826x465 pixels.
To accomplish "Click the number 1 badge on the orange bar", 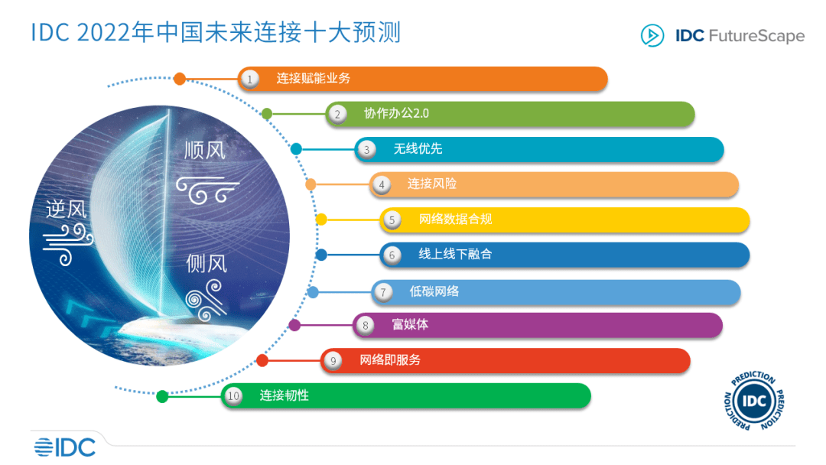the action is tap(249, 80).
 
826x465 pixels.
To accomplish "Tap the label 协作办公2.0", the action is tap(396, 113).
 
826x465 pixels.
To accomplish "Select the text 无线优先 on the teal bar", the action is tap(418, 148).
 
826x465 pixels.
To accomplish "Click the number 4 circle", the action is tap(382, 185).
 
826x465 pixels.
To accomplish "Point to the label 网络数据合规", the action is tap(455, 219).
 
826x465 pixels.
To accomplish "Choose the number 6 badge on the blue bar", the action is tap(392, 255).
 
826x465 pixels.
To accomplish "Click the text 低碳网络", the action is tap(434, 291).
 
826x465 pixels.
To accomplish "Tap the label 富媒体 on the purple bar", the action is tap(410, 324).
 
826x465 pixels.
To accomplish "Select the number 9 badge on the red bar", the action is tap(333, 361).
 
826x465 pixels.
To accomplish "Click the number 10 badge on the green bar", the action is tap(233, 396).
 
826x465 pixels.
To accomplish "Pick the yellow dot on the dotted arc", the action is tap(320, 219).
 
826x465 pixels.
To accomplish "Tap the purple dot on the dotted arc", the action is tap(294, 326).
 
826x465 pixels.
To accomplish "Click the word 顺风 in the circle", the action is tap(205, 151).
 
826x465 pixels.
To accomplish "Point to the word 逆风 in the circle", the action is tap(66, 209).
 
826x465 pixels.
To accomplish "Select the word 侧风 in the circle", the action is tap(206, 263).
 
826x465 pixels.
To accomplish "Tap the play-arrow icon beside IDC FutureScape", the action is tap(652, 35).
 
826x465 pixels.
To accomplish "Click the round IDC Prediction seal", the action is tap(754, 401).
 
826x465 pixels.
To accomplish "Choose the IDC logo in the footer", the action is tap(65, 447).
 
